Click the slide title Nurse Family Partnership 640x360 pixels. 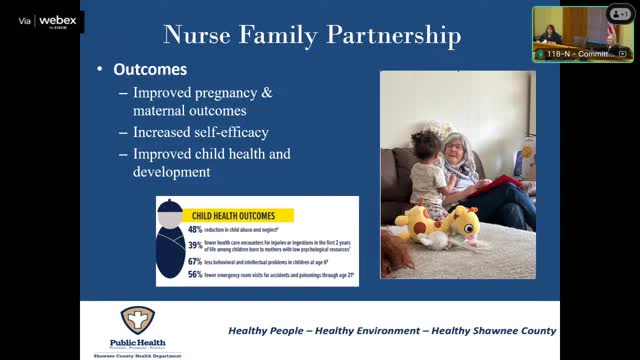tap(312, 37)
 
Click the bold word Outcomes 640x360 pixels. tap(150, 72)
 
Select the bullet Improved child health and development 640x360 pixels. tap(212, 163)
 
